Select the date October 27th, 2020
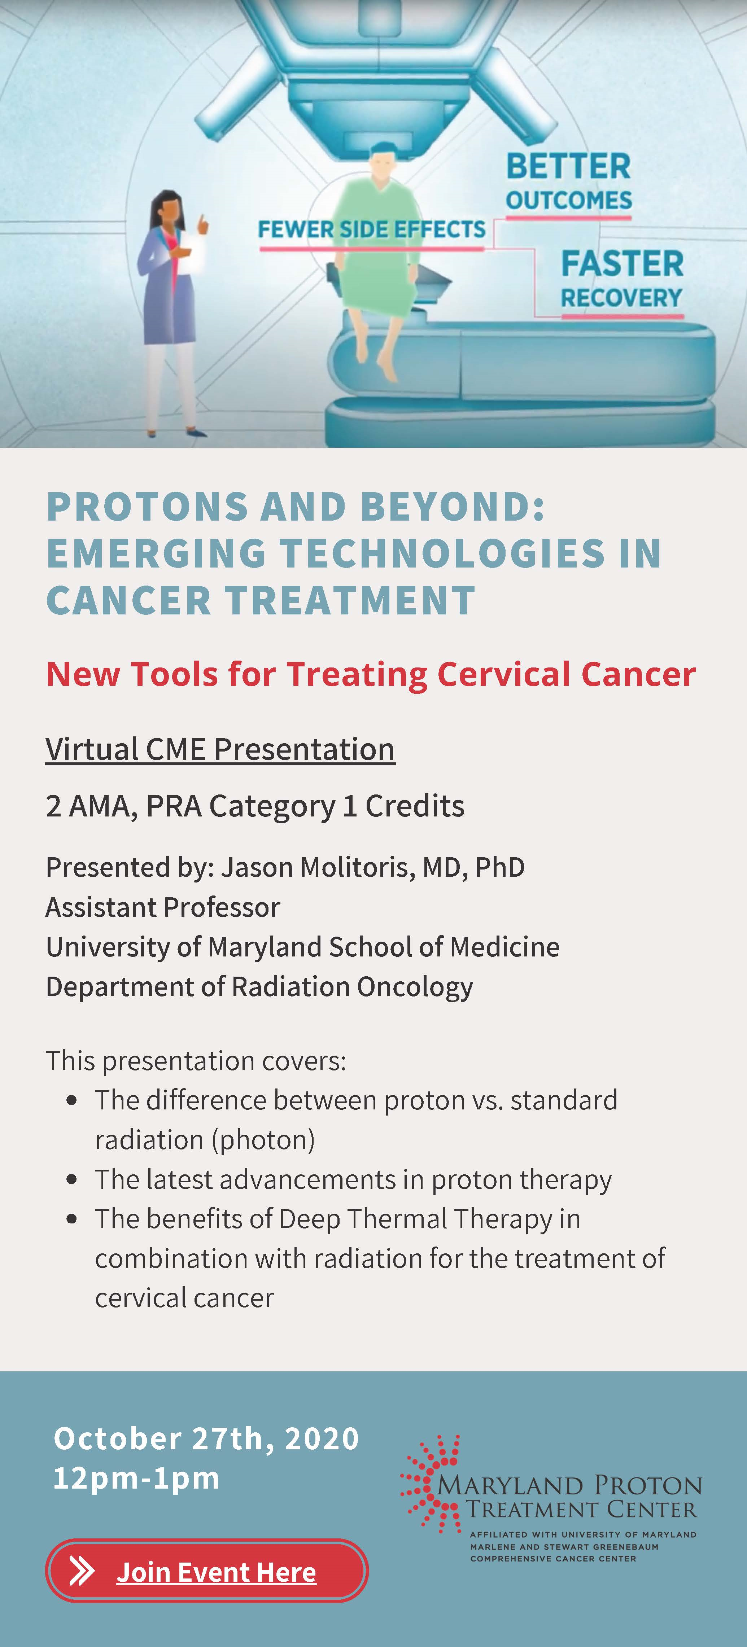(x=206, y=1438)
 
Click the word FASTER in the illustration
(x=622, y=263)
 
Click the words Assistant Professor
(x=162, y=907)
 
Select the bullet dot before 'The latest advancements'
(x=71, y=1180)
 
